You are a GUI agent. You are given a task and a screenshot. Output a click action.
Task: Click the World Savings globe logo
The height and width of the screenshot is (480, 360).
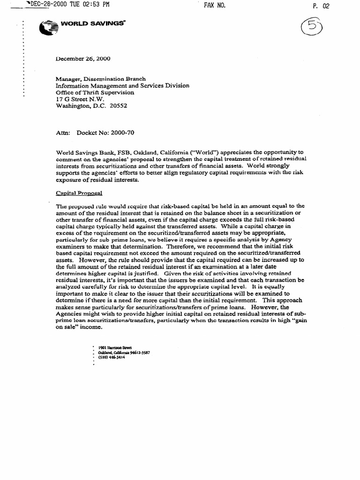pos(47,29)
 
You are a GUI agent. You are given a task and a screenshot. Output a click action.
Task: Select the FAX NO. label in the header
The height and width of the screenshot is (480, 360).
pos(215,5)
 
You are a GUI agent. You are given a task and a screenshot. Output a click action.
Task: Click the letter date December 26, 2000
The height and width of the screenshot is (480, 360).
pos(83,59)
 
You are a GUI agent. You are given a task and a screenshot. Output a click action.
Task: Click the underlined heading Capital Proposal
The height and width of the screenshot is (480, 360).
pos(79,193)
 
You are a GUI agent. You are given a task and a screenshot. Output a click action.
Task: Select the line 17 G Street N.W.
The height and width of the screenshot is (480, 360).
pos(80,99)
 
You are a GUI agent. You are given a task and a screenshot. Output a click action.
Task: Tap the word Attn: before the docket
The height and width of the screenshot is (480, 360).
pos(62,133)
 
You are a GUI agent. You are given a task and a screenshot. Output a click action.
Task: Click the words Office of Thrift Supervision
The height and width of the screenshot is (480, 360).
pos(95,93)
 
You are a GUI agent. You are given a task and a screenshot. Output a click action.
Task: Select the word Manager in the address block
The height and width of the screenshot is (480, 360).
pos(68,79)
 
